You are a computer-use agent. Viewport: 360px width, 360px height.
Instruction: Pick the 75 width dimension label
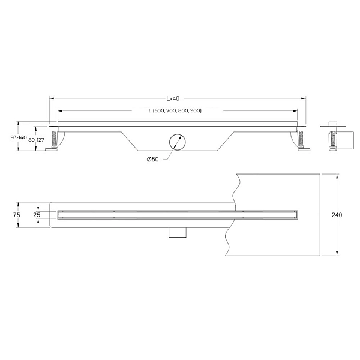coord(17,214)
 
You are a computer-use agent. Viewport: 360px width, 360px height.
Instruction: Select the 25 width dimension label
coord(37,214)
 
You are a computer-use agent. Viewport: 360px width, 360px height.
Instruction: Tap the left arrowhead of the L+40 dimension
coord(51,98)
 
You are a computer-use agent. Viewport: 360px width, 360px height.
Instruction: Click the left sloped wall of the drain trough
coord(131,141)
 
